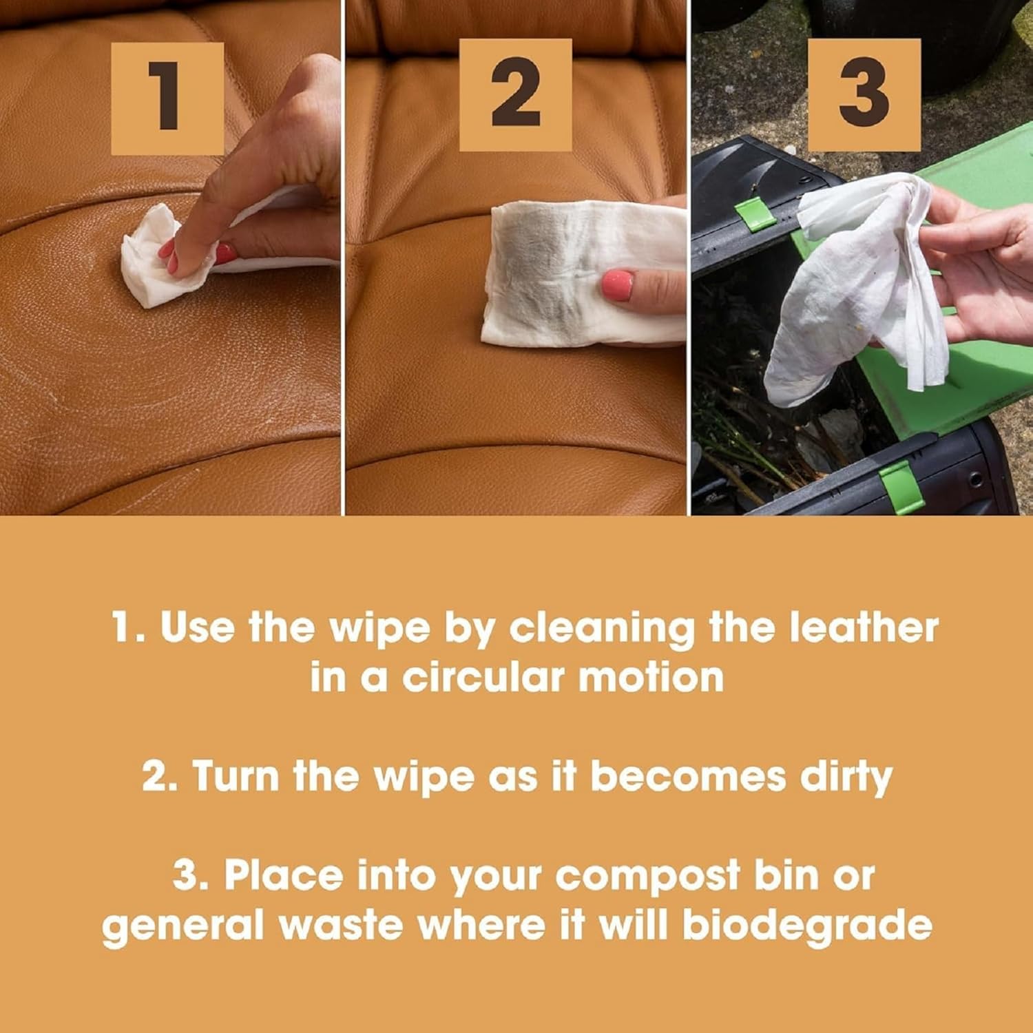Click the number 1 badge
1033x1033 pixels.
167,98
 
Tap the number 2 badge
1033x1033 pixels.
515,95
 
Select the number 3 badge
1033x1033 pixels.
864,95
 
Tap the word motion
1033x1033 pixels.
651,677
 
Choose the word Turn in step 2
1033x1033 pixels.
236,776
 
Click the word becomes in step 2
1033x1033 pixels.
687,776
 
